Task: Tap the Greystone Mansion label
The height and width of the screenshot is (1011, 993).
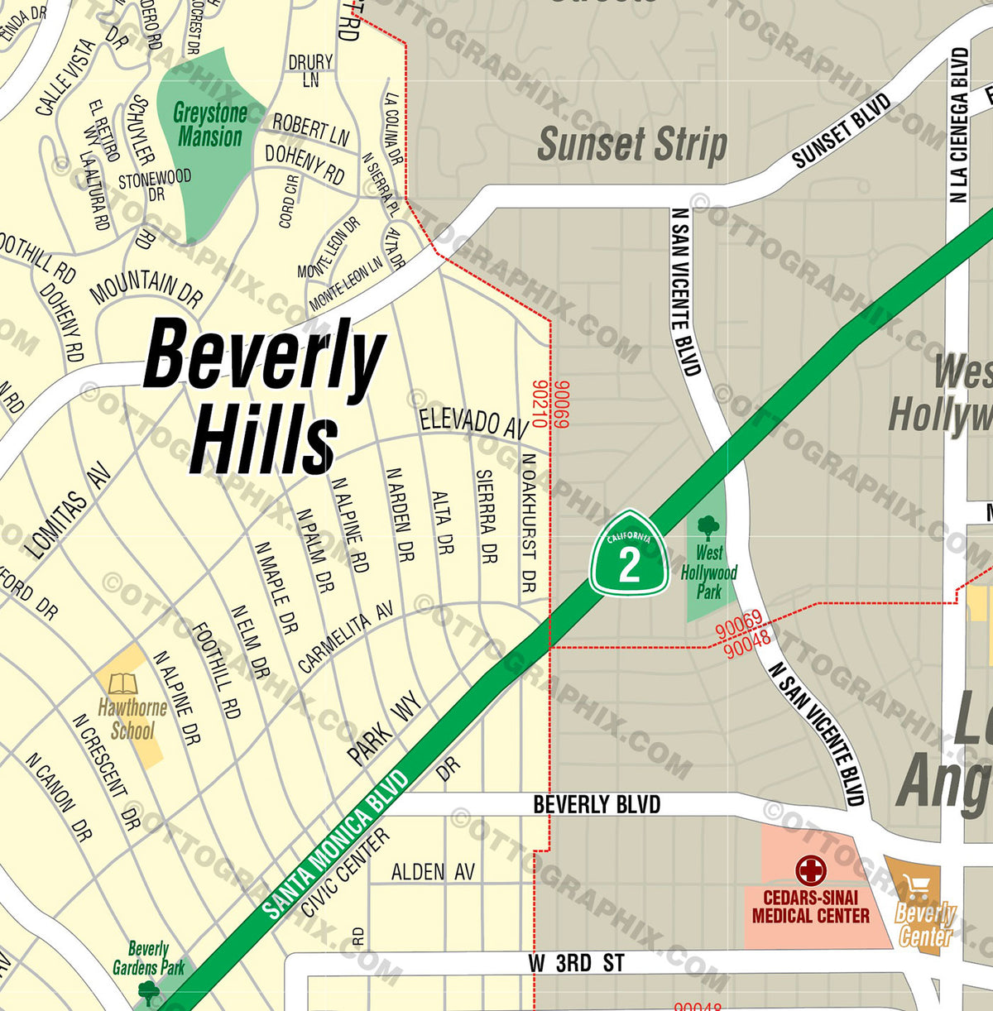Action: pyautogui.click(x=210, y=125)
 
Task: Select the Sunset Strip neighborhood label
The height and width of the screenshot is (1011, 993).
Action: pyautogui.click(x=632, y=145)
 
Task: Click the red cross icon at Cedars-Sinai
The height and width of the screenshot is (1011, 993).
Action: pyautogui.click(x=810, y=870)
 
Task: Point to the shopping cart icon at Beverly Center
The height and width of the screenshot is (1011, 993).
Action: pyautogui.click(x=917, y=889)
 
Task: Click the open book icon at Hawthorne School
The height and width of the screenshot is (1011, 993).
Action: pyautogui.click(x=123, y=684)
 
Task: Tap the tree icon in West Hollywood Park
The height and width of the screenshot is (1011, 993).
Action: pyautogui.click(x=708, y=527)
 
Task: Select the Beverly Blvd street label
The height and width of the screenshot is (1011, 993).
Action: pyautogui.click(x=597, y=804)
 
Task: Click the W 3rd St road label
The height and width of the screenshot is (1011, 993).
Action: pyautogui.click(x=576, y=963)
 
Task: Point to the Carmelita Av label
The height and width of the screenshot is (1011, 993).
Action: pyautogui.click(x=345, y=637)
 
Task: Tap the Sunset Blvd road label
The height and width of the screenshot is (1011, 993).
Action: pyautogui.click(x=841, y=131)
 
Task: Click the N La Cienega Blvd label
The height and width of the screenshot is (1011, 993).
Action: pyautogui.click(x=959, y=125)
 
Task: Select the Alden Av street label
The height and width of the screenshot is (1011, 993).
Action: pyautogui.click(x=433, y=871)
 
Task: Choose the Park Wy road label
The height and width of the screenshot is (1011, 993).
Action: pyautogui.click(x=384, y=728)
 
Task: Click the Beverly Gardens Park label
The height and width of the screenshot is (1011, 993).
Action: pyautogui.click(x=149, y=958)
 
